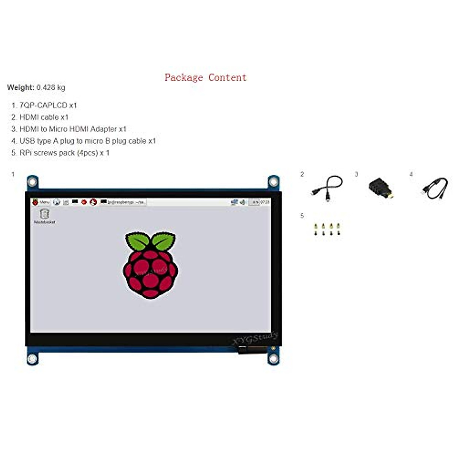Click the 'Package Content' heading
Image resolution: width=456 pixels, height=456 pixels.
click(x=206, y=78)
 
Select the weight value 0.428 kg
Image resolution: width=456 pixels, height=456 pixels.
click(x=51, y=87)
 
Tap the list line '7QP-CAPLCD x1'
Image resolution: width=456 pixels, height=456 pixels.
click(x=48, y=105)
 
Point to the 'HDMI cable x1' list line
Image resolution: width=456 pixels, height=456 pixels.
click(x=44, y=117)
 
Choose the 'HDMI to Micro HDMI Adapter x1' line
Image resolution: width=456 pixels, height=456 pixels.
click(x=73, y=129)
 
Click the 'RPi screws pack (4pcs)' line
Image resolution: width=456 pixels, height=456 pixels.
click(x=64, y=153)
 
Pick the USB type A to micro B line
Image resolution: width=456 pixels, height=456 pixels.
click(x=87, y=141)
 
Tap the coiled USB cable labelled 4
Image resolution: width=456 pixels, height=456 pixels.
click(x=435, y=188)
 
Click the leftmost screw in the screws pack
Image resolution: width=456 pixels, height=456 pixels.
click(x=316, y=229)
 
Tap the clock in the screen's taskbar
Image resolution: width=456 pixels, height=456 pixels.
click(x=265, y=202)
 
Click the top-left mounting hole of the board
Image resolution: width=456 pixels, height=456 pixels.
click(x=32, y=182)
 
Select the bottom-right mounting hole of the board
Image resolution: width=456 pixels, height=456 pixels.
click(x=273, y=358)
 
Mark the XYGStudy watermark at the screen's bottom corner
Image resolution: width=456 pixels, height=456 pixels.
click(x=255, y=339)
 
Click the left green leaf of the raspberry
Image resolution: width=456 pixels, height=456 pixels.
click(x=137, y=241)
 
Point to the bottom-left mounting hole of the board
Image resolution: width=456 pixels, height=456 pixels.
click(x=32, y=358)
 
